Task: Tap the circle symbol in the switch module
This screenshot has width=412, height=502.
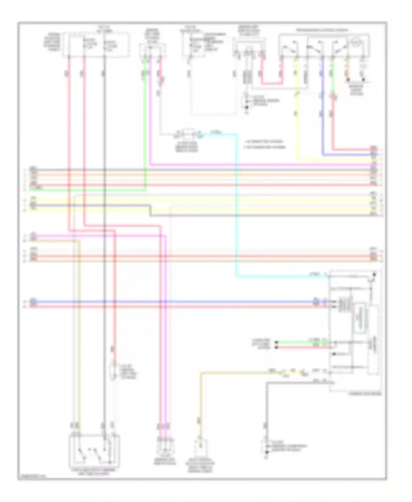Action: point(356,43)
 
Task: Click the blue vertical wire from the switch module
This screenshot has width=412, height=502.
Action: point(323,110)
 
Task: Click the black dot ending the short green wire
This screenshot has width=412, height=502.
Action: point(277,342)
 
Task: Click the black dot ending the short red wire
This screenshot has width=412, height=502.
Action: point(277,347)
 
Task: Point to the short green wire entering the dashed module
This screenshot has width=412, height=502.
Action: point(302,342)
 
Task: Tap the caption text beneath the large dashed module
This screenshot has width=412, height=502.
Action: point(365,394)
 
